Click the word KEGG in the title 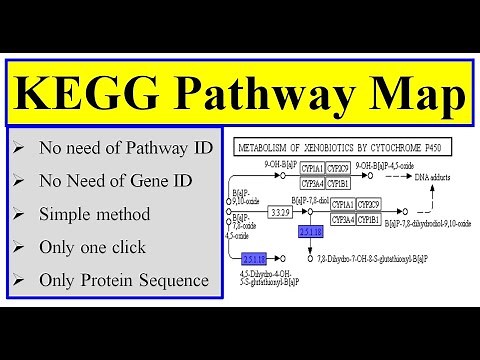tap(81, 95)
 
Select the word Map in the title tap(411, 95)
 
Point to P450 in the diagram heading tap(436, 148)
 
